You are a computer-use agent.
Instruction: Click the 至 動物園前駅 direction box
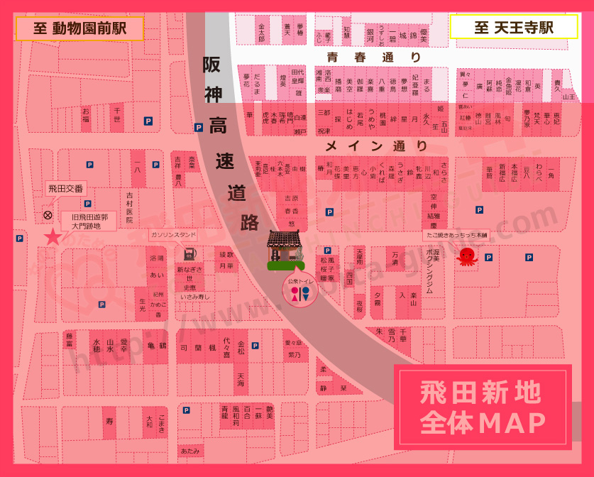[x=79, y=28]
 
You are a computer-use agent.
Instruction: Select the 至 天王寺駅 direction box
[x=514, y=28]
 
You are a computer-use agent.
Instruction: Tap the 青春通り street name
[x=374, y=57]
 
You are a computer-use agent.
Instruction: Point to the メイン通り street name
[x=376, y=146]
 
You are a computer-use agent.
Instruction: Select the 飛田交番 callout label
[x=65, y=189]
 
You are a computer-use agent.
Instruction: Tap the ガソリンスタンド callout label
[x=173, y=234]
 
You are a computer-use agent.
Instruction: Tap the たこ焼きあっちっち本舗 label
[x=456, y=234]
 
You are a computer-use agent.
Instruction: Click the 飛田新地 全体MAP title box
[x=483, y=407]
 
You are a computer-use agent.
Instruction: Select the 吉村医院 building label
[x=130, y=207]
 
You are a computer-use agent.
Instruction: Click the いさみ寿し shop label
[x=194, y=297]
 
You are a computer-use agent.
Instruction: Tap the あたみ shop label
[x=190, y=451]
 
